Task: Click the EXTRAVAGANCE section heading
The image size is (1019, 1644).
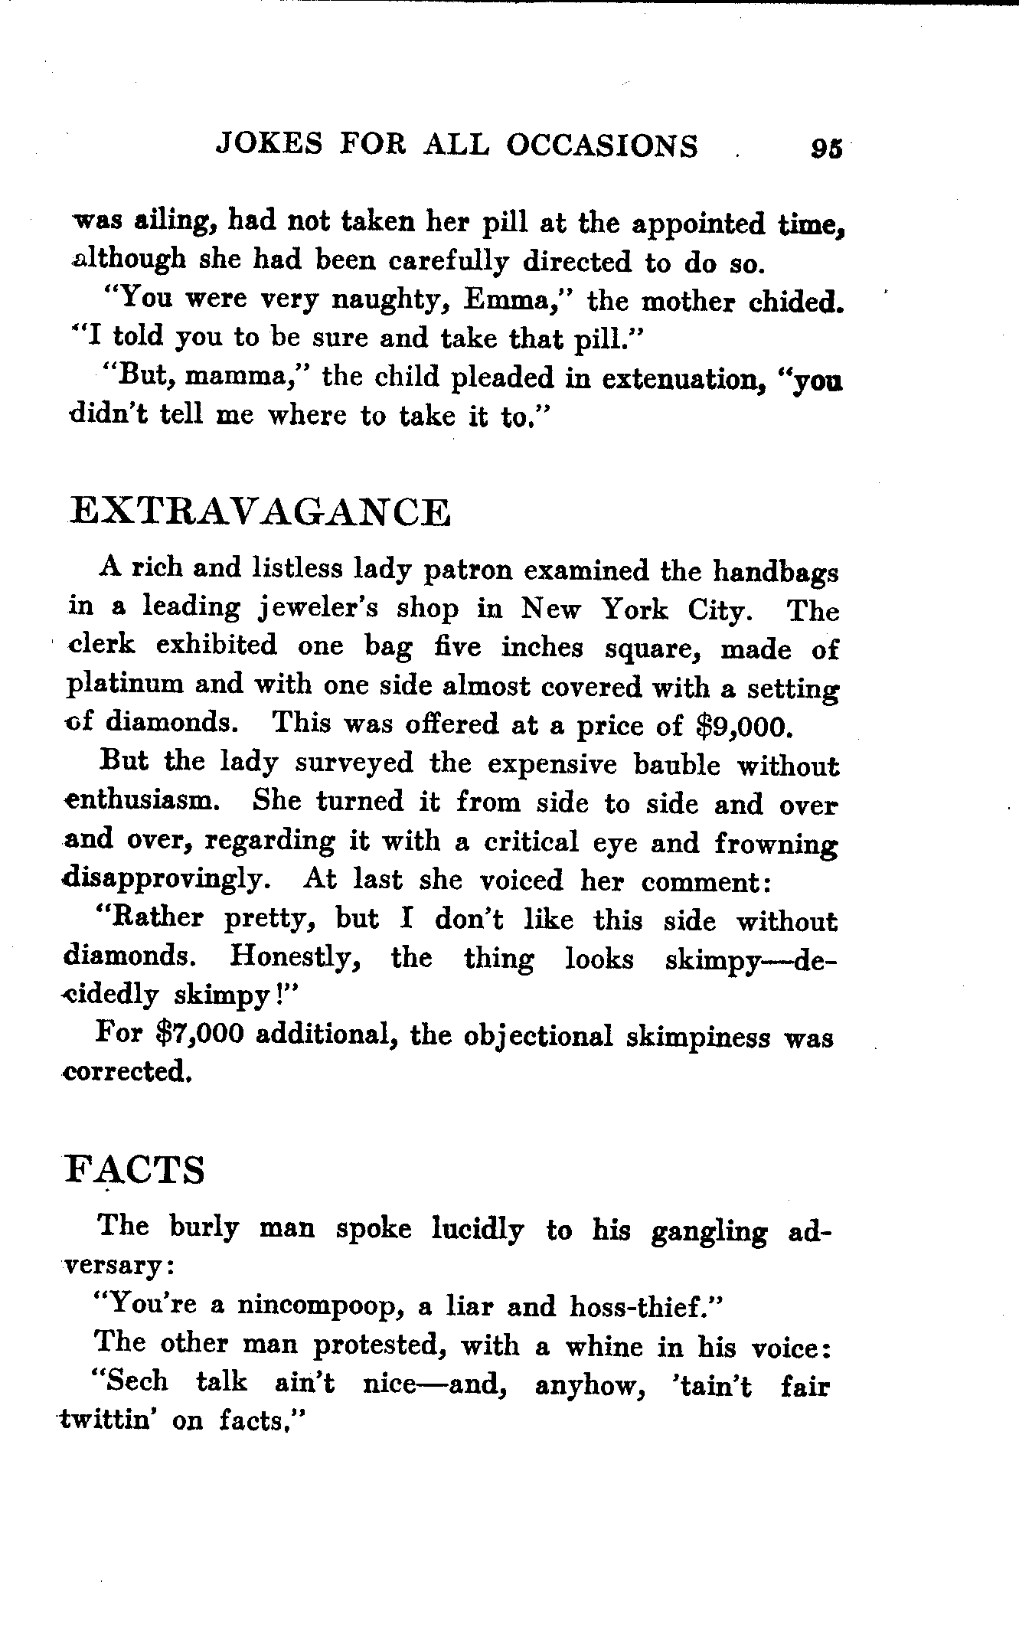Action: pyautogui.click(x=260, y=512)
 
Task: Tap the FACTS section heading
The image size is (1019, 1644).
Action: pyautogui.click(x=136, y=1169)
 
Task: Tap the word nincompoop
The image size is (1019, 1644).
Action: pyautogui.click(x=321, y=1306)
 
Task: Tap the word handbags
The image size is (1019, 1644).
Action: pyautogui.click(x=776, y=570)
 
